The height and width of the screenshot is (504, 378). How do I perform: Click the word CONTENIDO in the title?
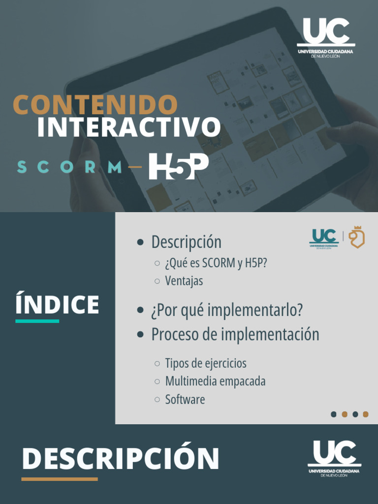pyautogui.click(x=95, y=105)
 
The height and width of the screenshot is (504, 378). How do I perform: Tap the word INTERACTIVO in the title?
pyautogui.click(x=128, y=127)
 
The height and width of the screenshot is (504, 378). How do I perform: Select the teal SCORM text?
pyautogui.click(x=69, y=167)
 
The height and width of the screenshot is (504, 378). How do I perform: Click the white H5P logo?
pyautogui.click(x=178, y=166)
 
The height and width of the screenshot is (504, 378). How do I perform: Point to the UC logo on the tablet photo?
pyautogui.click(x=326, y=37)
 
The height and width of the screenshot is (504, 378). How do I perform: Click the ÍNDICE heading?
pyautogui.click(x=57, y=305)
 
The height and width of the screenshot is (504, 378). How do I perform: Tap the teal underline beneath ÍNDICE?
pyautogui.click(x=37, y=321)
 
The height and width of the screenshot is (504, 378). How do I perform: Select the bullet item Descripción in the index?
pyautogui.click(x=186, y=242)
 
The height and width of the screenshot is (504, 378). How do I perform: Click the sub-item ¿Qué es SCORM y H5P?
pyautogui.click(x=216, y=263)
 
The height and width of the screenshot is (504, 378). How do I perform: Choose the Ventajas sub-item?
pyautogui.click(x=184, y=281)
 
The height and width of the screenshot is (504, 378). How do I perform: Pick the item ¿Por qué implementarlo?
pyautogui.click(x=226, y=311)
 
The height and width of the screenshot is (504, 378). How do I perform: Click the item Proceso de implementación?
pyautogui.click(x=235, y=335)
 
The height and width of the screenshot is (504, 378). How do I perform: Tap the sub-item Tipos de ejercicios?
pyautogui.click(x=205, y=364)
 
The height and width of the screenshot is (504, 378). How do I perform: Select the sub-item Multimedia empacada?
pyautogui.click(x=215, y=381)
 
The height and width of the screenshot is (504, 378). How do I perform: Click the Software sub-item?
pyautogui.click(x=185, y=399)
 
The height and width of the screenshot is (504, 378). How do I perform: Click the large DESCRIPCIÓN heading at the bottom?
pyautogui.click(x=121, y=459)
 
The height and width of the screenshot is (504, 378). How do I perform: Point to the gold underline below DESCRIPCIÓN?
pyautogui.click(x=59, y=479)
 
